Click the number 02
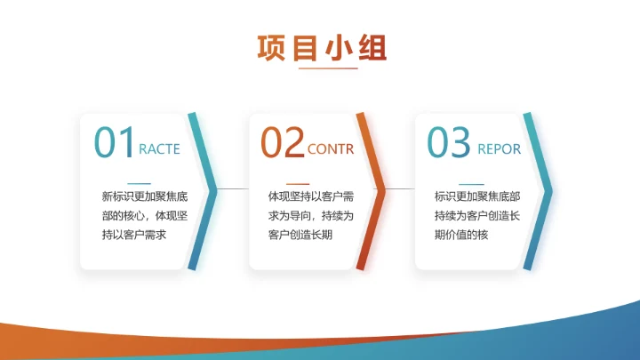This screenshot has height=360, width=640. click(x=282, y=142)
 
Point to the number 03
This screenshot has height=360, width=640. click(x=448, y=142)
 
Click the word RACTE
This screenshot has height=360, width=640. click(x=160, y=149)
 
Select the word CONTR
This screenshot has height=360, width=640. click(x=330, y=149)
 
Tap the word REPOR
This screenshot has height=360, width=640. click(x=499, y=149)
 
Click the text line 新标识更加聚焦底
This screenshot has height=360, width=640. click(x=144, y=196)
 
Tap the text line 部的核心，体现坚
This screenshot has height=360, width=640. click(x=144, y=216)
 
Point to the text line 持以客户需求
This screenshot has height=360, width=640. click(x=134, y=236)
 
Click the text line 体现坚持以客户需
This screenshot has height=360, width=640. click(x=311, y=196)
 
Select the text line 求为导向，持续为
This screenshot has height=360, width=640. click(x=311, y=216)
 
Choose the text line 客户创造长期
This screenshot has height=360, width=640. click(x=300, y=236)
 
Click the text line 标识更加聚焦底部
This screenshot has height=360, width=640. click(x=477, y=196)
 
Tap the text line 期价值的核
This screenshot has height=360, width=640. click(x=461, y=236)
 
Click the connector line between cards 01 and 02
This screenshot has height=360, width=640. click(x=233, y=189)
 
